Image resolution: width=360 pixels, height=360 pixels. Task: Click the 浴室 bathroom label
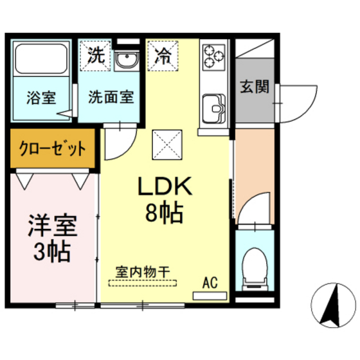click(x=40, y=99)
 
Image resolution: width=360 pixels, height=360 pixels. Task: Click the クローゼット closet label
click(x=53, y=148)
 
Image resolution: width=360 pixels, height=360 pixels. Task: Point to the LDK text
click(x=164, y=186)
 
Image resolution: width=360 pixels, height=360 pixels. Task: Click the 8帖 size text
click(x=165, y=212)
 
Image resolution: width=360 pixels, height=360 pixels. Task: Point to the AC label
click(x=210, y=282)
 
